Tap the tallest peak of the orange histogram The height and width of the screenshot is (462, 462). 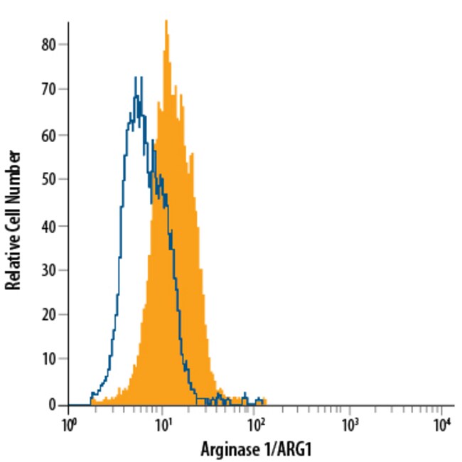tap(166, 21)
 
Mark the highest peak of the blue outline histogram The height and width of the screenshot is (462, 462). tap(136, 77)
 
